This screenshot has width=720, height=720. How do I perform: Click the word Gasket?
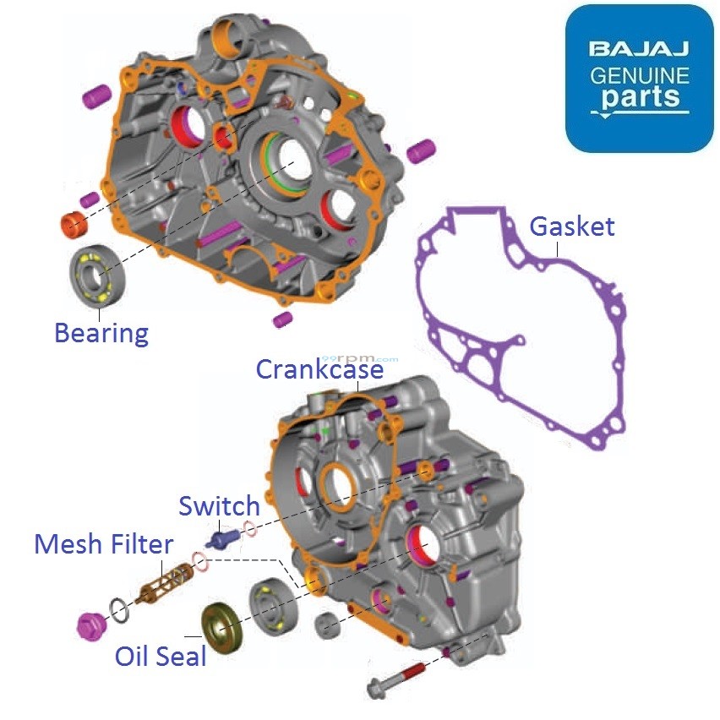[572, 226]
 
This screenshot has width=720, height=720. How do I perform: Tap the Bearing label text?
[101, 333]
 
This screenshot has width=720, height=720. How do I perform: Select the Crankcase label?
[319, 369]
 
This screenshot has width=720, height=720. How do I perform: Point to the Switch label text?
[219, 506]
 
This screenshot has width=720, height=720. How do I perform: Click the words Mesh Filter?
[103, 544]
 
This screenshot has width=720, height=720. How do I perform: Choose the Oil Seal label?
[161, 655]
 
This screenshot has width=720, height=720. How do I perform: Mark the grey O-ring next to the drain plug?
[119, 608]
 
